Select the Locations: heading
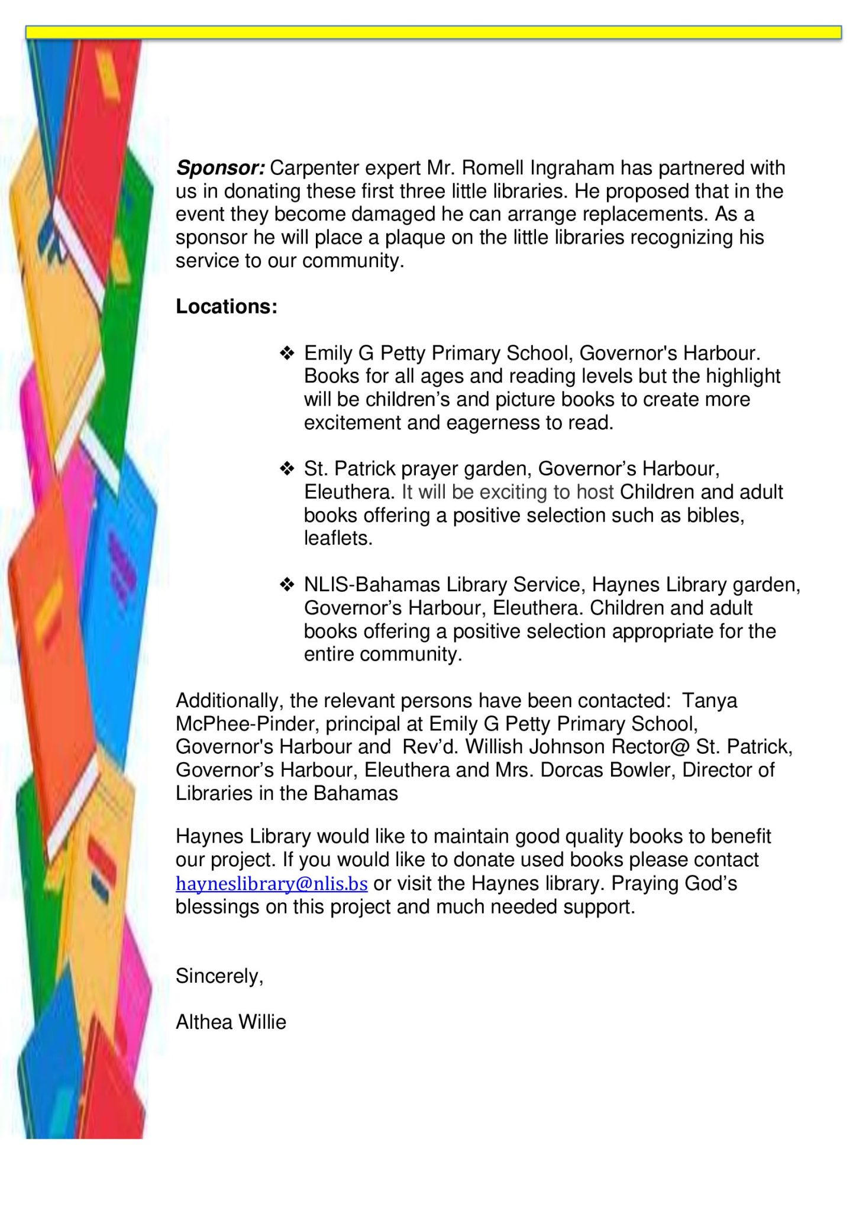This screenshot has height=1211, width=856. [x=227, y=306]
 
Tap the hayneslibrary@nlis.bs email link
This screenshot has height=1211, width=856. [x=272, y=883]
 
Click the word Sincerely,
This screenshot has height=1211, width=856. [x=219, y=976]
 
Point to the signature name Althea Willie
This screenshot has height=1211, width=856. [x=231, y=1022]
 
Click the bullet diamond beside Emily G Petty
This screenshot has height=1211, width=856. [x=287, y=354]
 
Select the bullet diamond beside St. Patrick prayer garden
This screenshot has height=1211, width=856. [x=287, y=469]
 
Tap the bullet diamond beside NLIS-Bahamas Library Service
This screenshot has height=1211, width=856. [x=287, y=585]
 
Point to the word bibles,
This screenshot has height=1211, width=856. [x=715, y=516]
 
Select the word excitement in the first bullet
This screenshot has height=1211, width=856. [x=353, y=423]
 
